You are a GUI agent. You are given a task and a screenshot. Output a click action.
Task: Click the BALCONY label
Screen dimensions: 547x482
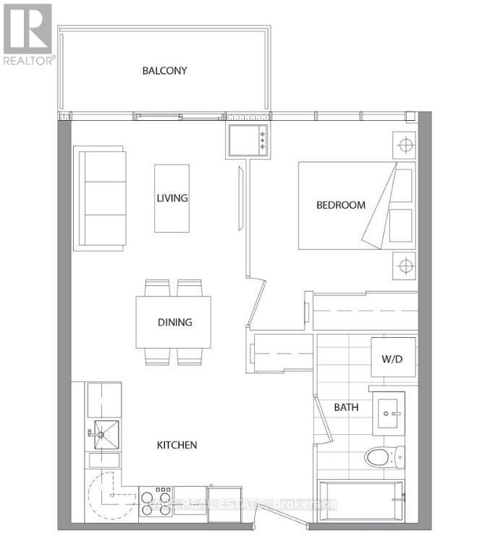click(x=164, y=71)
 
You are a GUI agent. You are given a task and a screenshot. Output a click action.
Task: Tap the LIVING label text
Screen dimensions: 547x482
click(x=172, y=198)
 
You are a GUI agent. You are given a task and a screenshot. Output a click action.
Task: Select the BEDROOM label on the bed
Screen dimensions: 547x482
click(x=341, y=205)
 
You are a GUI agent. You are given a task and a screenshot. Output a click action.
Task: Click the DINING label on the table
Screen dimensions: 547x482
click(x=174, y=322)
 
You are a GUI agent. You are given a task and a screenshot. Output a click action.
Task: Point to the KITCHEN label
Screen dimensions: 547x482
click(x=177, y=445)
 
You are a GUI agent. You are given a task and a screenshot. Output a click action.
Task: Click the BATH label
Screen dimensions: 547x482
click(x=346, y=407)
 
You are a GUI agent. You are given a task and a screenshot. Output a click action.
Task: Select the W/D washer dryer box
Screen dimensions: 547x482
click(x=393, y=358)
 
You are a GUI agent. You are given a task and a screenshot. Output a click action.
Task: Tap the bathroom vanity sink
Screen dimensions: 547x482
click(x=394, y=413)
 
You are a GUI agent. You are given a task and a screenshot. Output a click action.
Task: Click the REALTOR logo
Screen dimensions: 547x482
click(x=28, y=33)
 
